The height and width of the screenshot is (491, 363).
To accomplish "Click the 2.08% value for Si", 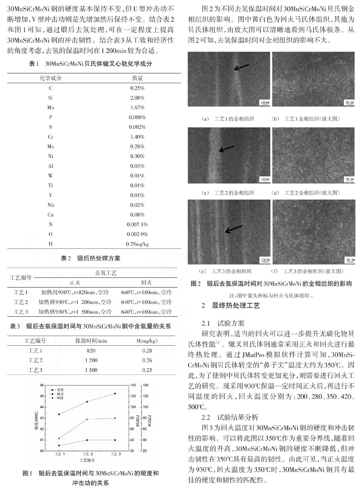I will coord(137,98).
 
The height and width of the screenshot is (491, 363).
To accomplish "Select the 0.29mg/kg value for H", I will coord(137,244).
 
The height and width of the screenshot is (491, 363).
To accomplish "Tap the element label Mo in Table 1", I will coord(50,147).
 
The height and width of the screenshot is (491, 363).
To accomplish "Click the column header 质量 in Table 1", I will coord(137,78).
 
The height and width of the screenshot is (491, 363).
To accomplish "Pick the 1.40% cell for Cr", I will coord(137,137).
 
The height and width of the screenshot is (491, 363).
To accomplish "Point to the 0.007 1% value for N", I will coord(137,225).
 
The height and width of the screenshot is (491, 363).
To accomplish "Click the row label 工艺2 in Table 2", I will coord(21,302).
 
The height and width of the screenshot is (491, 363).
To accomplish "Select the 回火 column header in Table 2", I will coord(147,283).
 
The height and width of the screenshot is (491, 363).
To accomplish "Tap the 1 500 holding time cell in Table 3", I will coord(91,370).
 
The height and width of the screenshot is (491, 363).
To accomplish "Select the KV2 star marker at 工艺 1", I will coord(59,438).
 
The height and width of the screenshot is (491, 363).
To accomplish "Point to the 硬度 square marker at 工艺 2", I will coord(87,440).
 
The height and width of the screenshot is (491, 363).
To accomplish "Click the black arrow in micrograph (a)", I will coord(241,67).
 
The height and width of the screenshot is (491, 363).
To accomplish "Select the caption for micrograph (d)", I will coord(312,193).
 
